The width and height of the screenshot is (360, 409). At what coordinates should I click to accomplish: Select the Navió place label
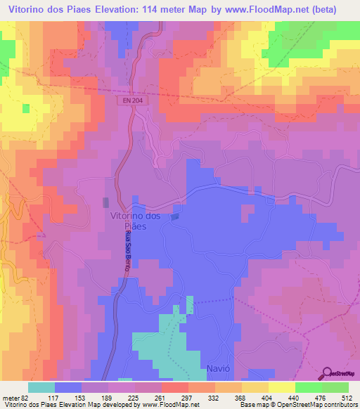pos(218,369)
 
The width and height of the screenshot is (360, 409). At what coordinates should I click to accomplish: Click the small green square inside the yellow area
pos(26,108)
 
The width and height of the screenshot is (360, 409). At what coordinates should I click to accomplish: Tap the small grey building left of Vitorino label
pos(105,202)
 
